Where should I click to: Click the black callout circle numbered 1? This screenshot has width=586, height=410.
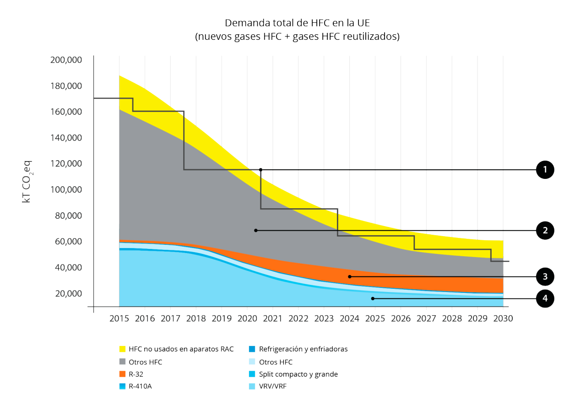545,170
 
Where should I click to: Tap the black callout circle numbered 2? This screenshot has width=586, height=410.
545,231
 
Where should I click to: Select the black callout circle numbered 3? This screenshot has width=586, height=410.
545,276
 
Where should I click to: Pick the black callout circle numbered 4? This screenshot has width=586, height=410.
545,299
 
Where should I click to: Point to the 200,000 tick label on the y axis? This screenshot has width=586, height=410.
65,60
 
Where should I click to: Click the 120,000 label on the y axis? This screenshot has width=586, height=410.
65,164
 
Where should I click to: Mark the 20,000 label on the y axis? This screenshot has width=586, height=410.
68,293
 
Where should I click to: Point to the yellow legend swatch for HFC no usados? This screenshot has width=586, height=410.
122,349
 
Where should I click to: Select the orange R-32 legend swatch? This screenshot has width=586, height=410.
122,374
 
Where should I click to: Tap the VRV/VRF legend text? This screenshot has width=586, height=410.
273,386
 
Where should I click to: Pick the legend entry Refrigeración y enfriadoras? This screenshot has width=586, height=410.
303,349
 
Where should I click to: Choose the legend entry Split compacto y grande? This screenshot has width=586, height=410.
298,374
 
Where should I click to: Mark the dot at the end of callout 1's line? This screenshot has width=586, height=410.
260,170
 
